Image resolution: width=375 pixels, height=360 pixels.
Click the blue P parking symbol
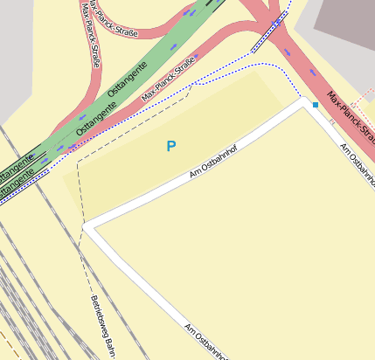point(171,147)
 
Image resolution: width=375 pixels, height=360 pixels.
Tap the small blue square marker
point(315,105)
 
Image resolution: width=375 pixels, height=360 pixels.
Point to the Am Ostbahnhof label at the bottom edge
point(206,343)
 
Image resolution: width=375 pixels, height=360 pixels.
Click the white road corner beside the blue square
point(305,104)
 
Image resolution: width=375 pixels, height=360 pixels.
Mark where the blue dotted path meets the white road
point(302,100)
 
